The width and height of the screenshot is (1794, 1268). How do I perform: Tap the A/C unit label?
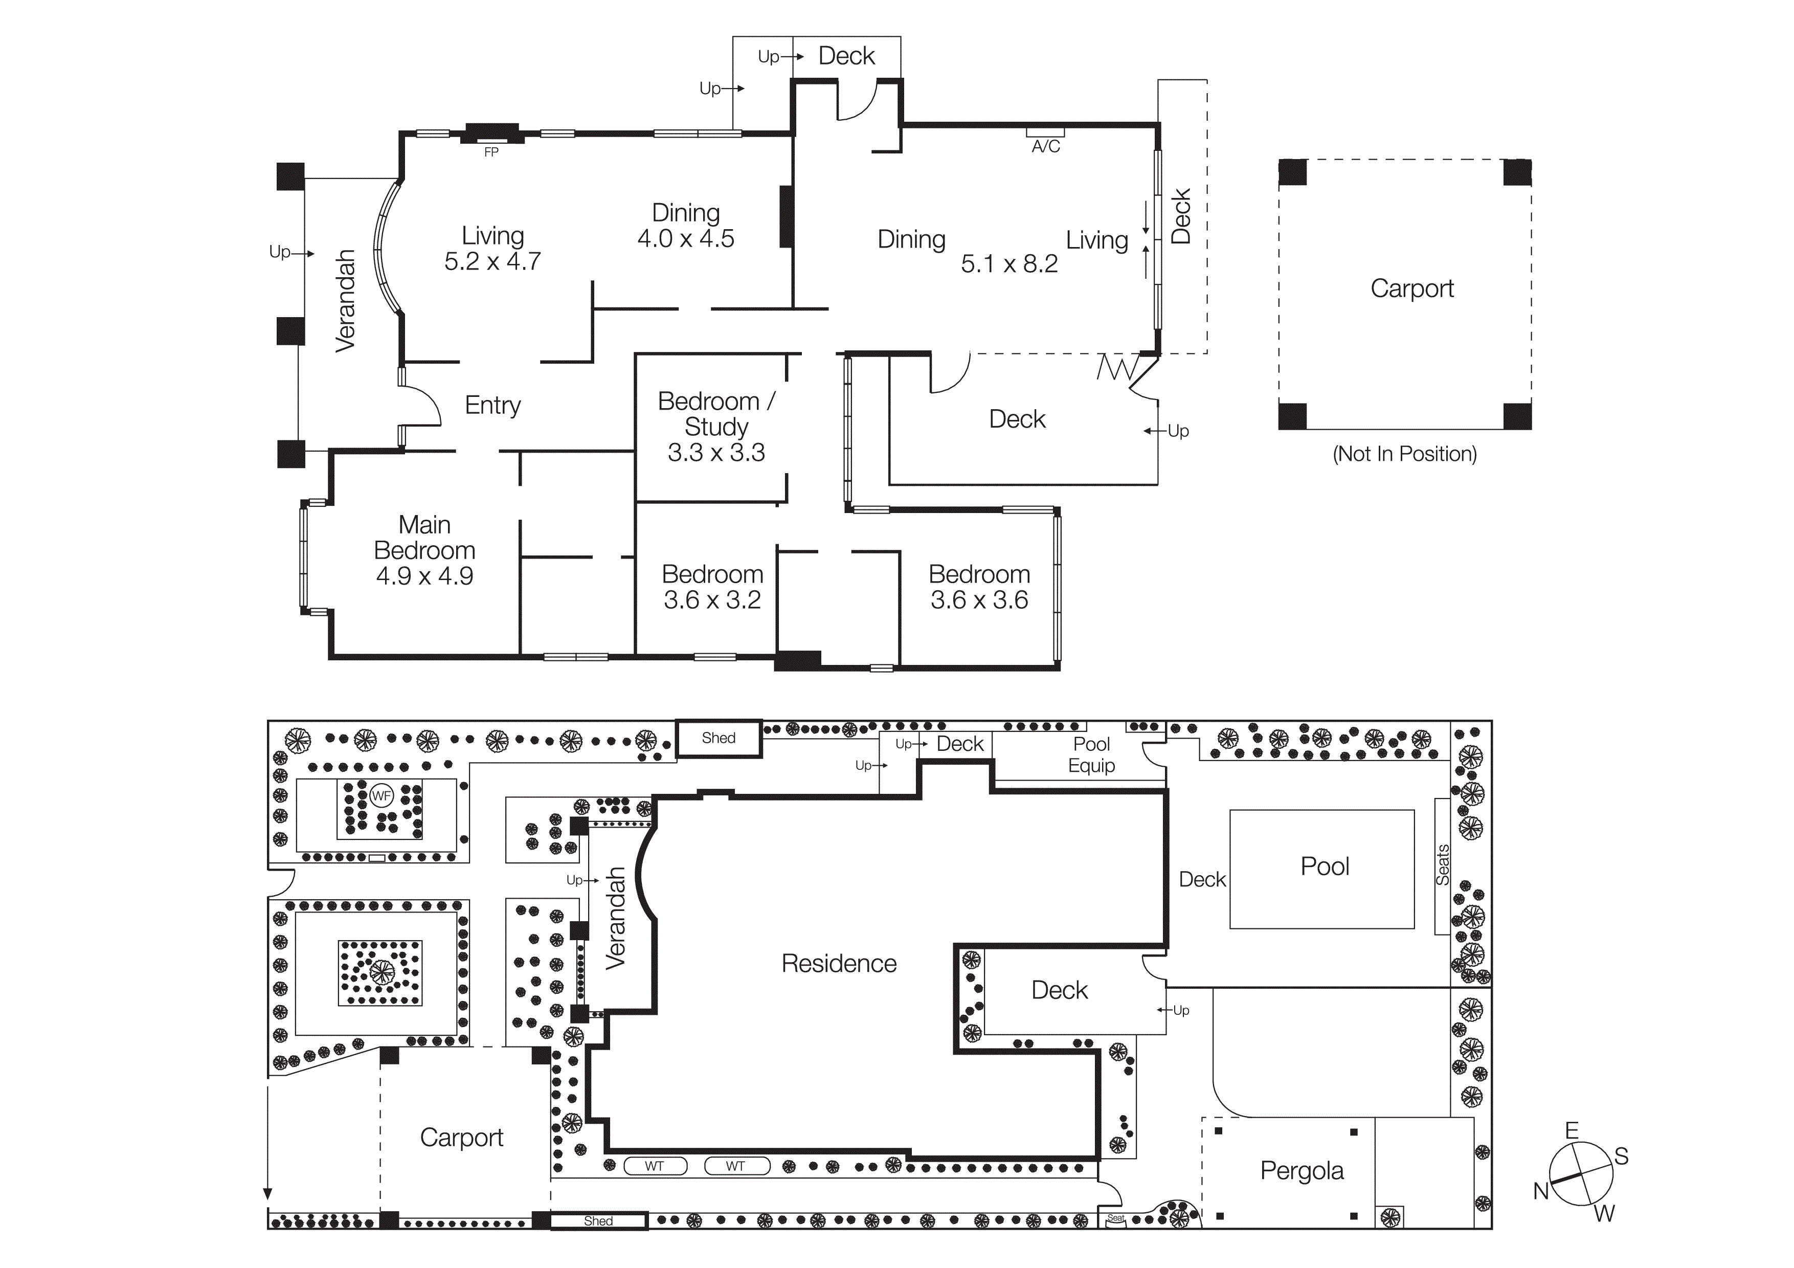[1045, 147]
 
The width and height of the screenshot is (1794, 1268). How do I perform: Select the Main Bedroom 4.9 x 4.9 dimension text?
[424, 576]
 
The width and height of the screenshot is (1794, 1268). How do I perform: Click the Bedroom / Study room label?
[716, 413]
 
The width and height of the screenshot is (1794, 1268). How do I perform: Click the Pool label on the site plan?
[1325, 866]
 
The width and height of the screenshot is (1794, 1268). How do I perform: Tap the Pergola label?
[1302, 1170]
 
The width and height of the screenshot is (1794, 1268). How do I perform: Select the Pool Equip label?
[1091, 754]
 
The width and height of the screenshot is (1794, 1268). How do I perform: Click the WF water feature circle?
[382, 796]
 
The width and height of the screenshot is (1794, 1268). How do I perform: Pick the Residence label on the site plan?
[838, 963]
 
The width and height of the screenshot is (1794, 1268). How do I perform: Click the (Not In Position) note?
[1404, 454]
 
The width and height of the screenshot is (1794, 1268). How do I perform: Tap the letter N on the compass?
[1540, 1191]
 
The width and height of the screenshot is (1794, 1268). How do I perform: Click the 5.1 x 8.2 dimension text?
[1008, 264]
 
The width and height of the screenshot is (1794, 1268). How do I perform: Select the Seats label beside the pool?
[1442, 865]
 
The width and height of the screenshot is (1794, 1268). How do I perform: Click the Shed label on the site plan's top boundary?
[718, 738]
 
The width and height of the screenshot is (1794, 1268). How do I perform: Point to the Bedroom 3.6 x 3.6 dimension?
[979, 600]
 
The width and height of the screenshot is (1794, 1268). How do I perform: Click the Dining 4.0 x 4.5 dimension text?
[685, 238]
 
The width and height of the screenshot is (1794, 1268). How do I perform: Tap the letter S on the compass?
[1621, 1156]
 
